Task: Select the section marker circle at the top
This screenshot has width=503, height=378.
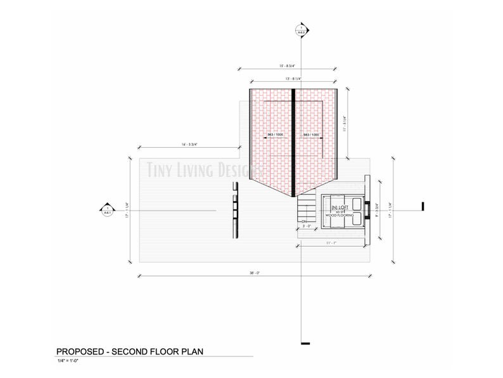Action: (302, 29)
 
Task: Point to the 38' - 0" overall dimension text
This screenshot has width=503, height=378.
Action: (255, 272)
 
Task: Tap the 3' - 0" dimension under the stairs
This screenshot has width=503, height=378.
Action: (306, 226)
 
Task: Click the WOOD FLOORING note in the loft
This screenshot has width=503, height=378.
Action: (340, 216)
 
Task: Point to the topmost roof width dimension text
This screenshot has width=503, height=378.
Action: (293, 65)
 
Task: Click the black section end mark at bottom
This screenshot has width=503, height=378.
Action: (305, 343)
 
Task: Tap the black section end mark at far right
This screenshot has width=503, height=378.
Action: (423, 205)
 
